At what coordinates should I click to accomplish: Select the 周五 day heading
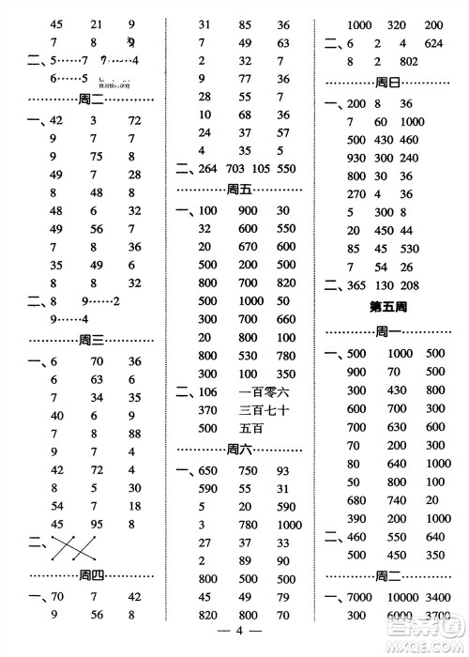[241, 189]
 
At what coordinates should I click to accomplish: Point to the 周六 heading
[241, 448]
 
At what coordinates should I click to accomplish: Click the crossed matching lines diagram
[76, 545]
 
